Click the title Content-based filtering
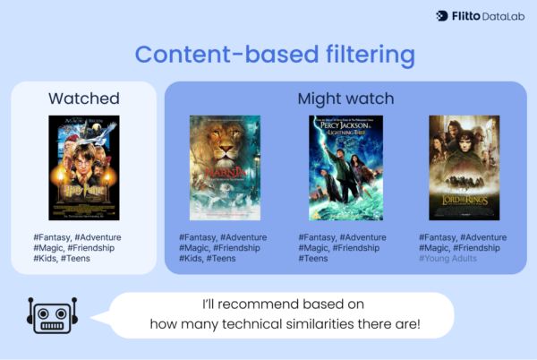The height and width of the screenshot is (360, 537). click(x=276, y=54)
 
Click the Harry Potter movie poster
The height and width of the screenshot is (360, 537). click(x=84, y=168)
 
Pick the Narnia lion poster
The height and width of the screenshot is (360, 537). click(x=225, y=168)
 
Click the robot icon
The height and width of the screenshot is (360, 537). click(x=52, y=314)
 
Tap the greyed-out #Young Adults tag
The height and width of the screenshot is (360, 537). click(x=448, y=259)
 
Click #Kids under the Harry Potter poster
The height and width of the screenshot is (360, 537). click(x=44, y=259)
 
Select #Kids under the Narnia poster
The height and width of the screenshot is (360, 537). click(x=191, y=259)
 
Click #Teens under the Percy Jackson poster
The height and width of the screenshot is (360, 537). click(x=314, y=259)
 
